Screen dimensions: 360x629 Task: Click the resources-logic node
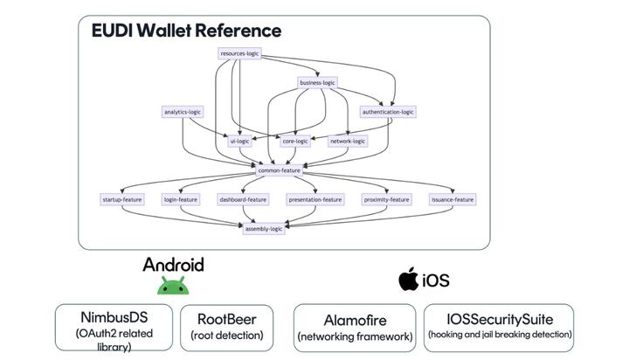(239, 54)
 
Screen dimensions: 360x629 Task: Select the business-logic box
(317, 83)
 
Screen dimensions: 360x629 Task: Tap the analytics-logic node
(183, 112)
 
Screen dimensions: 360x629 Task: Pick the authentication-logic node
(388, 112)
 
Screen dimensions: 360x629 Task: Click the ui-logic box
(239, 141)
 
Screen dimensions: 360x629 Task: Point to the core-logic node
(295, 141)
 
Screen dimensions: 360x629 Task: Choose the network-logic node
(348, 141)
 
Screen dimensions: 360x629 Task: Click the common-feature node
(280, 170)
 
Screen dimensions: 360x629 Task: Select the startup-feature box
(121, 199)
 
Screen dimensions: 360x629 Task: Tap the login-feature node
(182, 199)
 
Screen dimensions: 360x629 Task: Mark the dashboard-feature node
(244, 199)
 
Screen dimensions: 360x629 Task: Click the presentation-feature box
(315, 199)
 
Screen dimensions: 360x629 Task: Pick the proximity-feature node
(386, 199)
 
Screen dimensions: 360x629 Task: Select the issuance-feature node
(453, 199)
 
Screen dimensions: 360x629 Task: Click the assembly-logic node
(264, 228)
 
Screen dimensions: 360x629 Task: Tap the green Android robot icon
(173, 286)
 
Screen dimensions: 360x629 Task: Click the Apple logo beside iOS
(407, 280)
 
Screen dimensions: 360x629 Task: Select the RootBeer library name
(226, 319)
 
